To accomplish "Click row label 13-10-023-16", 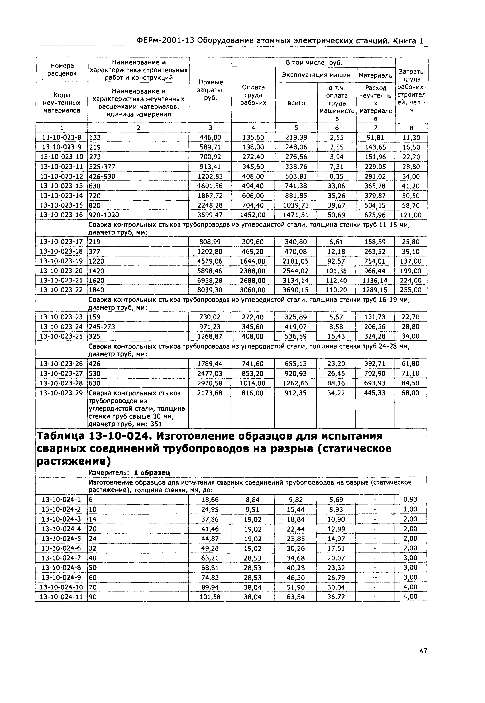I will click(61, 215).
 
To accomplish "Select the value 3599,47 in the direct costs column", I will click(210, 215).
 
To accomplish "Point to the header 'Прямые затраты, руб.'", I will click(210, 91).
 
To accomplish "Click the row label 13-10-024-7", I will click(61, 558).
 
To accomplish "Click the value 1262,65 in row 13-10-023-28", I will click(295, 383).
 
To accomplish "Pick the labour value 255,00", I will click(410, 290).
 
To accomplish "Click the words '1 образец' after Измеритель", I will click(152, 473).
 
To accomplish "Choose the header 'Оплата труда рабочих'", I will click(253, 95).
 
